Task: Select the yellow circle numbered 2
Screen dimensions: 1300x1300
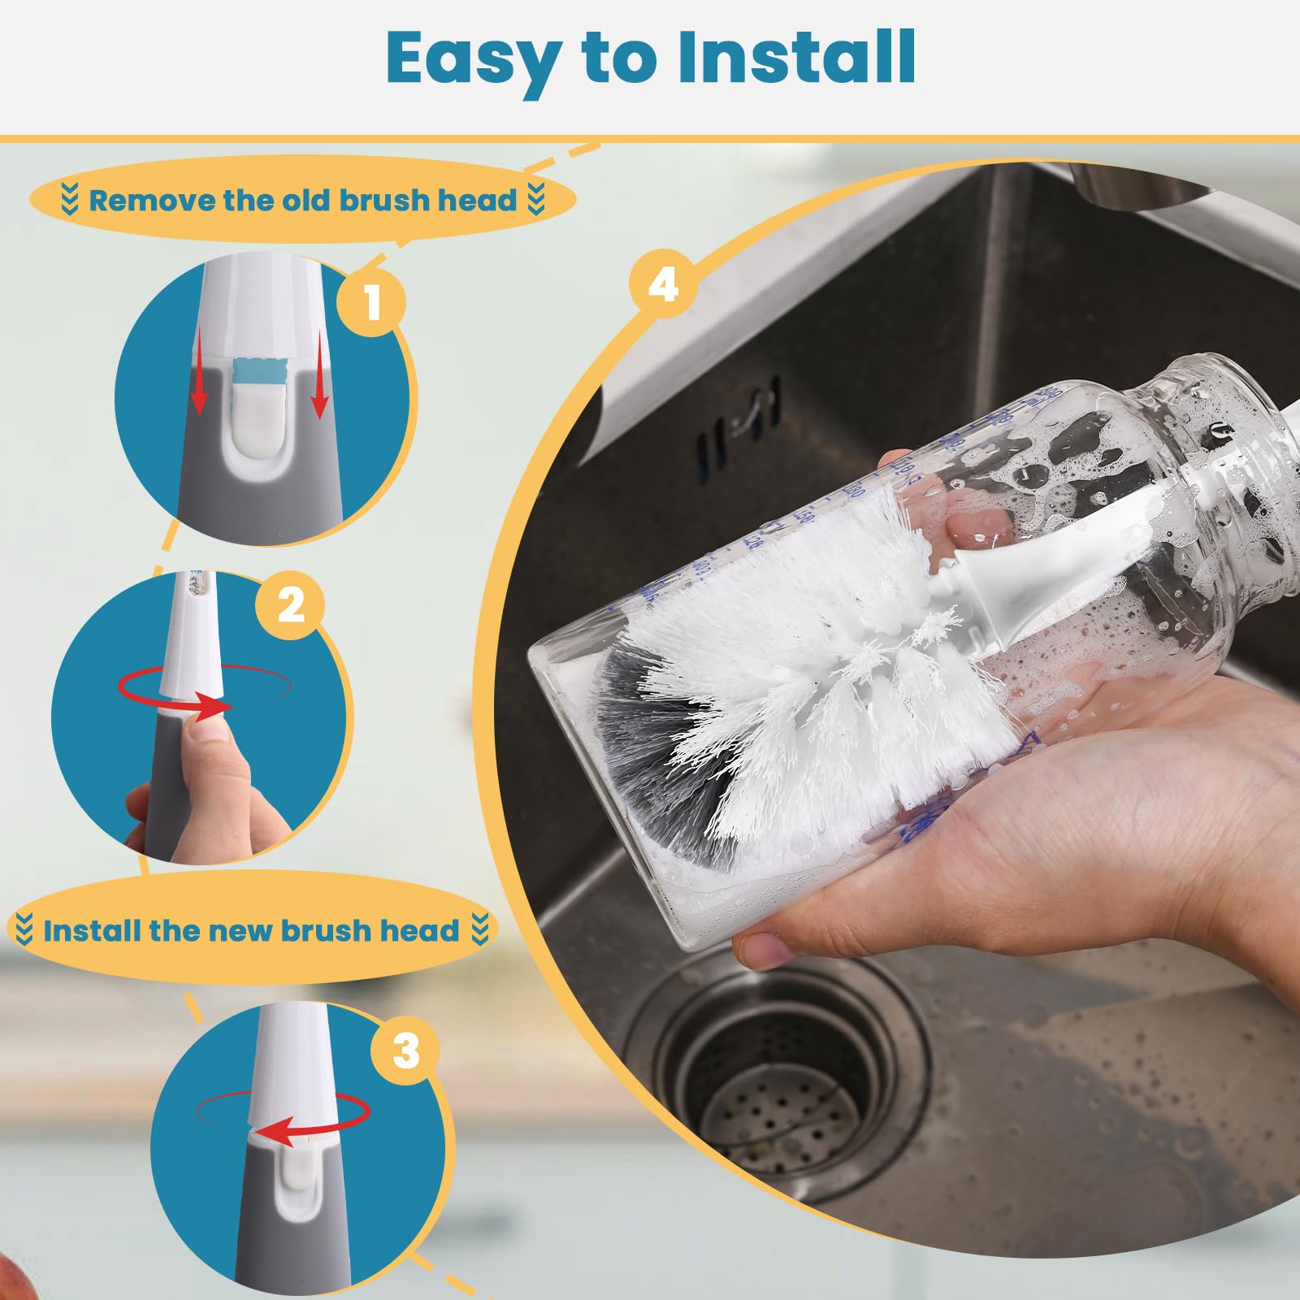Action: [291, 604]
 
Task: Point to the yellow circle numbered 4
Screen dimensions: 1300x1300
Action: [664, 285]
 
